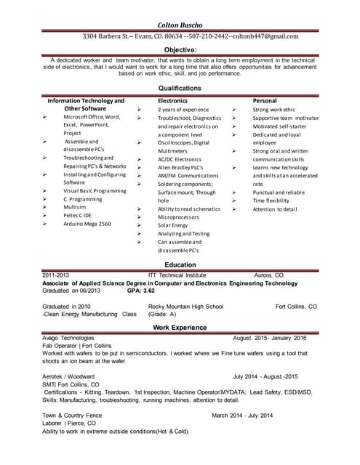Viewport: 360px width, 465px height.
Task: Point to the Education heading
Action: [x=180, y=265]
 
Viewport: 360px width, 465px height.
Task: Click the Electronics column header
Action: [x=173, y=100]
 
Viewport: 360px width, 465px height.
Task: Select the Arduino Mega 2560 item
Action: [x=87, y=224]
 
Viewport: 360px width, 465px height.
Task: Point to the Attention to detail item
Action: [x=275, y=209]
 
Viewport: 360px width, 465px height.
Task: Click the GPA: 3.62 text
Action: [x=141, y=291]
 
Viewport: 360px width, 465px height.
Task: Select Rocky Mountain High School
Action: [x=185, y=307]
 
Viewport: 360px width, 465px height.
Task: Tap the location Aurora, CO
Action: [x=268, y=275]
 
